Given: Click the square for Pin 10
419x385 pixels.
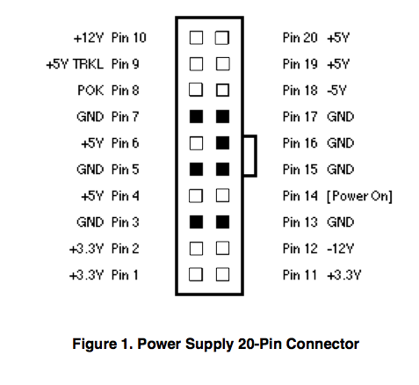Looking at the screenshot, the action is coord(196,38).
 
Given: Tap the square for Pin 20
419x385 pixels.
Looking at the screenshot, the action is coord(222,38).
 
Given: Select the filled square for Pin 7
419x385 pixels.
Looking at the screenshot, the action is coord(196,117).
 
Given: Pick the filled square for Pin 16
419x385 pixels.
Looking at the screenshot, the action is coord(222,143).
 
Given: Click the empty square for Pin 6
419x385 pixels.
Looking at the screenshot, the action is coord(196,143).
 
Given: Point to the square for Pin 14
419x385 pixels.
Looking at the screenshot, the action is coord(222,196).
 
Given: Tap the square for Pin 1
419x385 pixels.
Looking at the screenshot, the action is coord(196,275).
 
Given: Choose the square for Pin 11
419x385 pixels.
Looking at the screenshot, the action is coord(222,275).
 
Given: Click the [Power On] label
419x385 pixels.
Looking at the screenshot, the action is coord(359,196).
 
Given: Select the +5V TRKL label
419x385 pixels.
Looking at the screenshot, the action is coord(75,64).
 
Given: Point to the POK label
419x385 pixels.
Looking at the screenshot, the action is coord(90,91).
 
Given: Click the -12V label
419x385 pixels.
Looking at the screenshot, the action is coord(340,249).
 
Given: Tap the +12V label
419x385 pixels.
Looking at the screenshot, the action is coord(89,38).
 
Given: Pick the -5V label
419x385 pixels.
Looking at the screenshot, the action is coord(336,91).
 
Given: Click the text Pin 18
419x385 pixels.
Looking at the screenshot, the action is coord(300,91).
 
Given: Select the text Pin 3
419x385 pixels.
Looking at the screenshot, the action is coord(125,222).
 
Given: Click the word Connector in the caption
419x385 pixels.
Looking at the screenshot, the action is coord(322,344).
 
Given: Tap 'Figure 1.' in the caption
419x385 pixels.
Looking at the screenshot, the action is coord(103,344).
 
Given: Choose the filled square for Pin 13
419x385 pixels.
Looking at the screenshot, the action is coord(222,222).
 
